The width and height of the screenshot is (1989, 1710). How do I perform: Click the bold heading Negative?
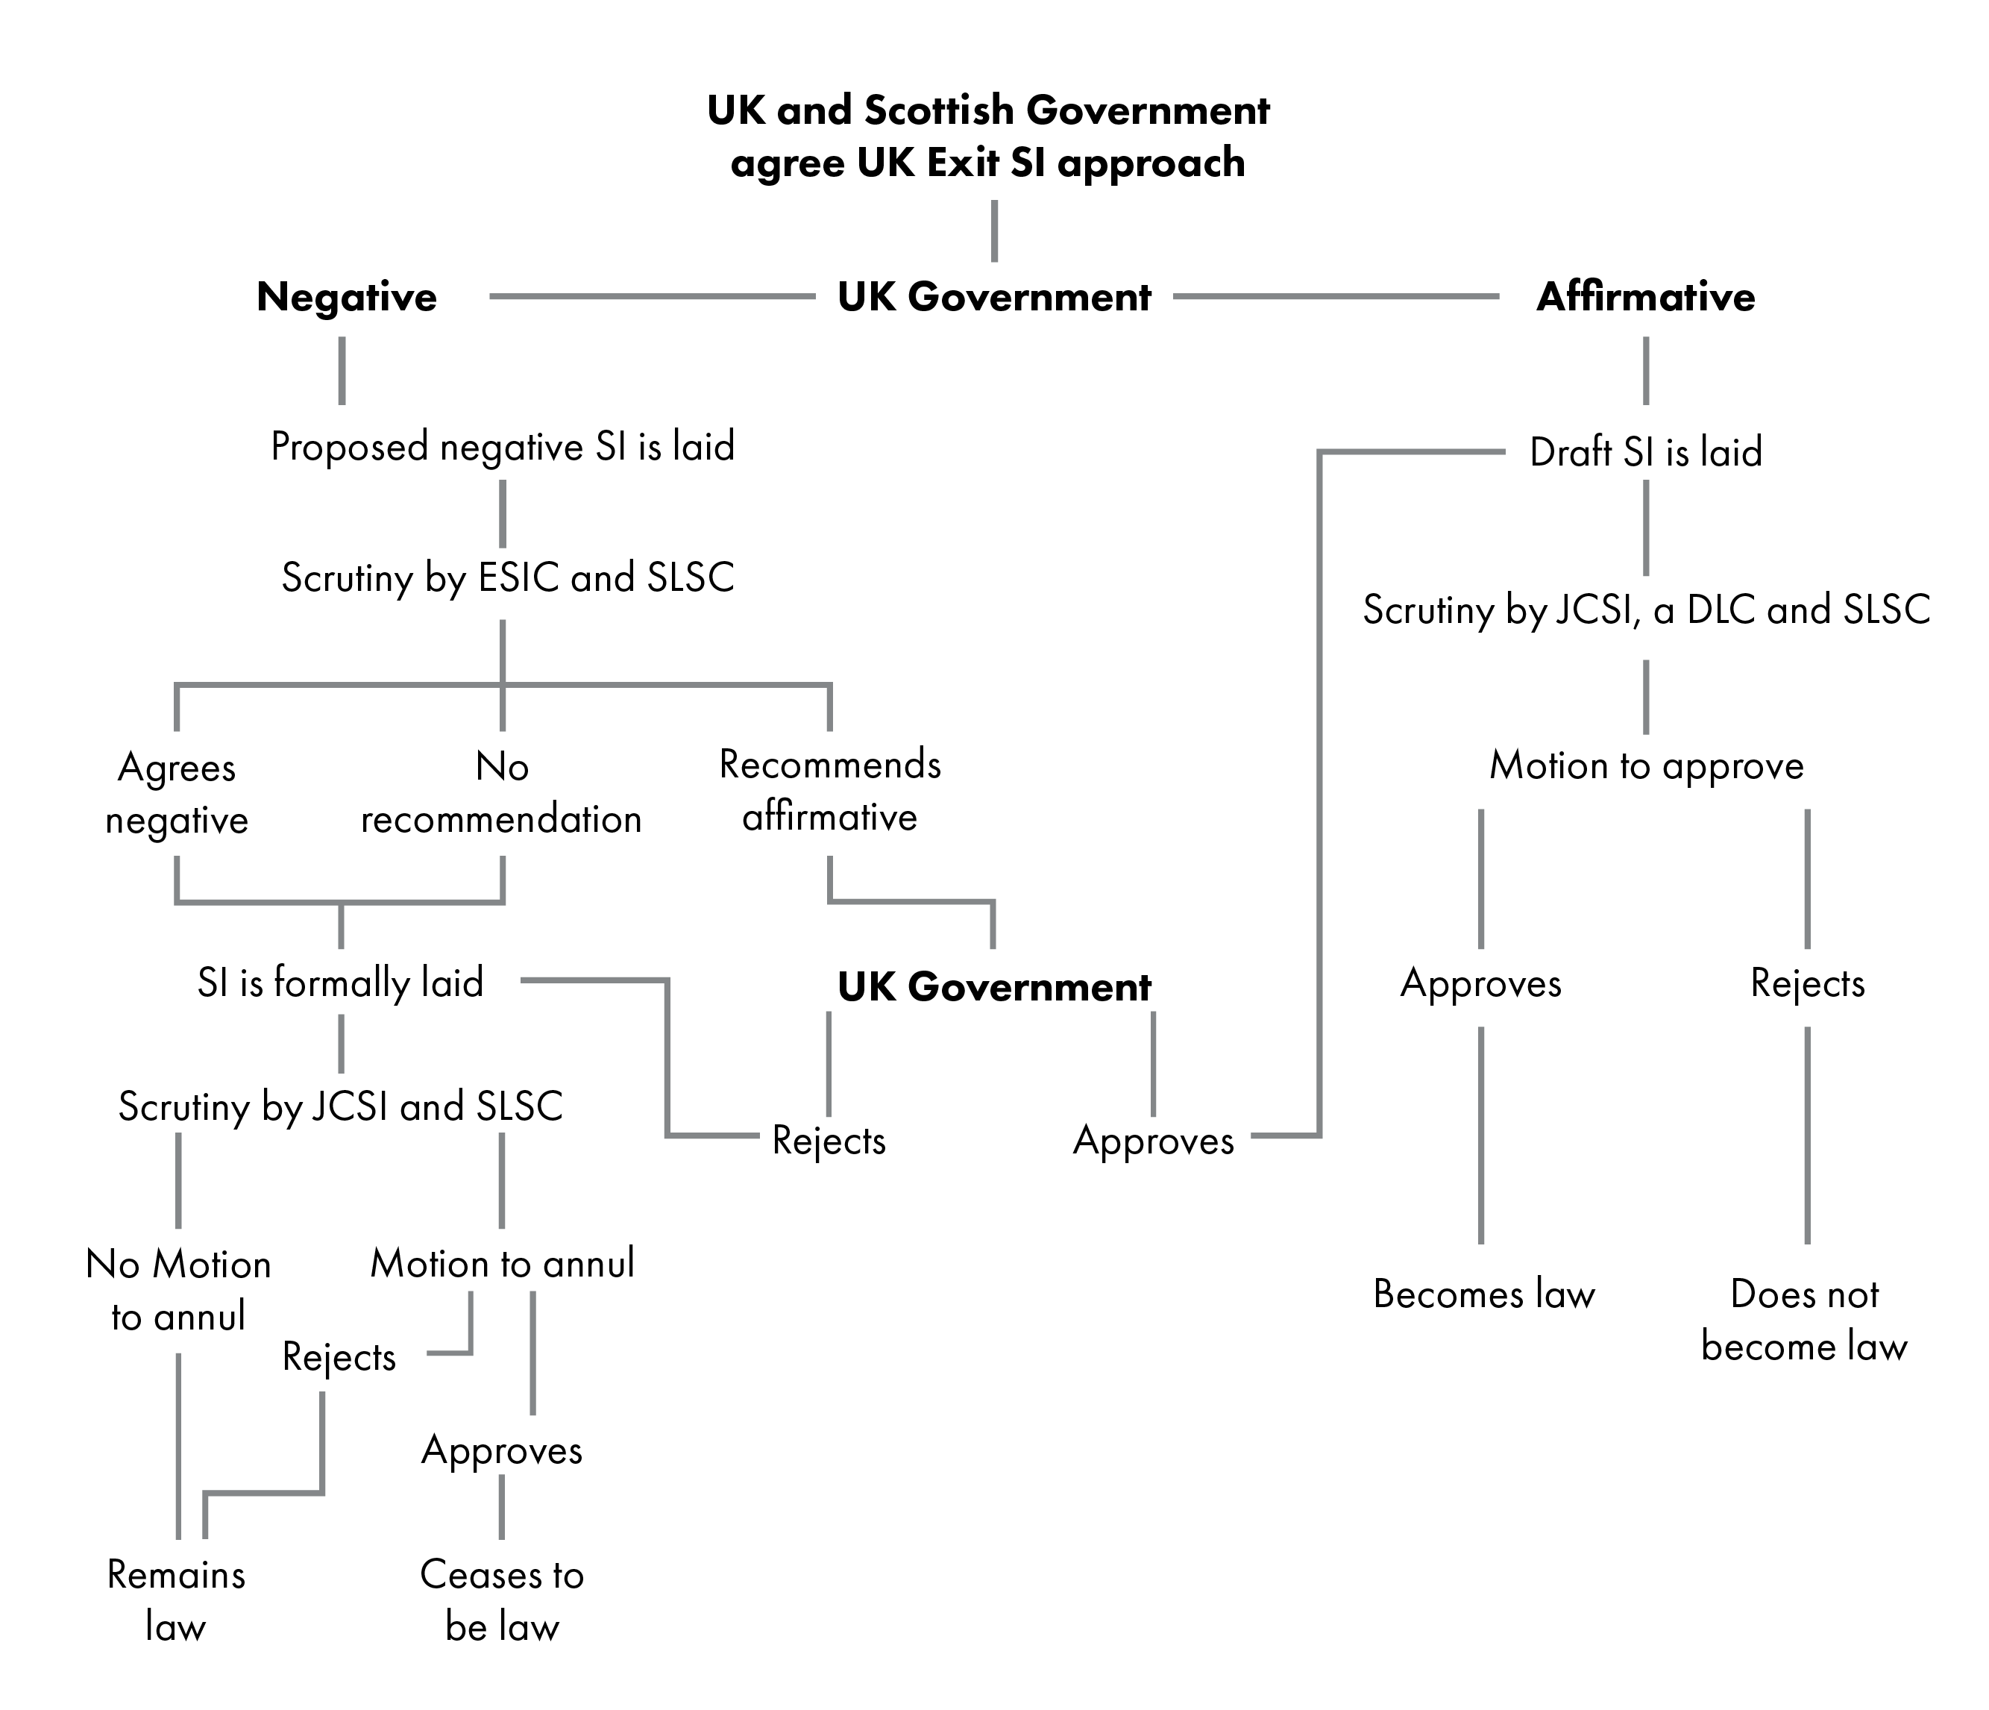pos(347,297)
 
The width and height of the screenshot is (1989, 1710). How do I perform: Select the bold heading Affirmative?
pos(1645,297)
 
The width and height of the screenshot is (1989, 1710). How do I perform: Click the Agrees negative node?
pos(177,793)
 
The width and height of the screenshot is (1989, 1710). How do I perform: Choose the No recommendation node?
pos(501,793)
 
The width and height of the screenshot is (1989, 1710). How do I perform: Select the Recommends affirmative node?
pos(829,790)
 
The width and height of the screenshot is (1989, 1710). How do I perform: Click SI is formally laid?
pos(340,983)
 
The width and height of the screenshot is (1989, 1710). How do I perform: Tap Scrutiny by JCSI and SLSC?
pos(340,1107)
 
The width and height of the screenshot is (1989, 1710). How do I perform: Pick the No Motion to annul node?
pos(178,1289)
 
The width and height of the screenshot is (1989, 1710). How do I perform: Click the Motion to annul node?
pos(502,1264)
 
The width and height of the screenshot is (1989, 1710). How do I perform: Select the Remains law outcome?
pos(176,1600)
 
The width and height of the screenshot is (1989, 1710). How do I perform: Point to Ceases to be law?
pos(501,1600)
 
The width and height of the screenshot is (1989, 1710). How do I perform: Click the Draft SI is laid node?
pos(1645,452)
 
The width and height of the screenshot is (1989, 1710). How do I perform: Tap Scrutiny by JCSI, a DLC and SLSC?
pos(1645,610)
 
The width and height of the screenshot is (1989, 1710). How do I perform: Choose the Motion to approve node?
pos(1645,766)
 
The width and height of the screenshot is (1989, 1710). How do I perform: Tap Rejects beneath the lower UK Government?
pos(829,1141)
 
